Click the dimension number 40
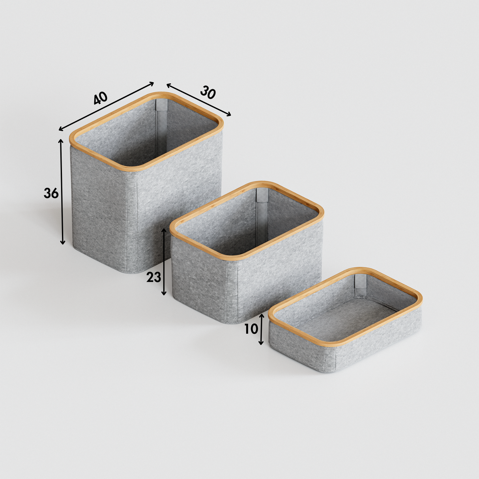pyautogui.click(x=100, y=98)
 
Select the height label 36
pyautogui.click(x=51, y=193)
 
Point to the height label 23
pyautogui.click(x=154, y=277)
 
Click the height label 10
pyautogui.click(x=251, y=329)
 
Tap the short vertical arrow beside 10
pyautogui.click(x=261, y=329)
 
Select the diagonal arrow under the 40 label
pyautogui.click(x=106, y=106)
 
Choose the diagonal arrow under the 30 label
pyautogui.click(x=198, y=100)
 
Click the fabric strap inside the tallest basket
pyautogui.click(x=161, y=126)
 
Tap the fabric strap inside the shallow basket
pyautogui.click(x=361, y=286)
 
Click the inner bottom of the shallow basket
pyautogui.click(x=347, y=316)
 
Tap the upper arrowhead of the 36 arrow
pyautogui.click(x=61, y=141)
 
